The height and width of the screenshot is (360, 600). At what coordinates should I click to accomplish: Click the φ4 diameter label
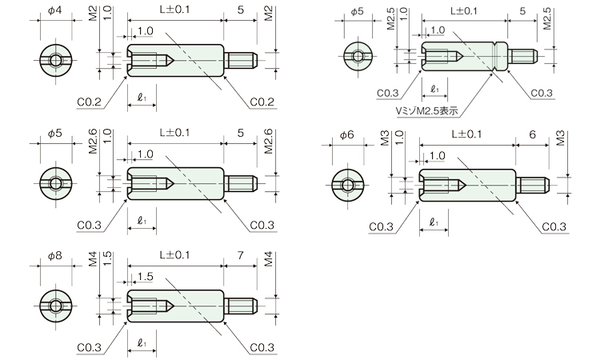pyautogui.click(x=54, y=10)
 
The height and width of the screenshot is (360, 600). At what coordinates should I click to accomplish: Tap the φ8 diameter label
pyautogui.click(x=54, y=255)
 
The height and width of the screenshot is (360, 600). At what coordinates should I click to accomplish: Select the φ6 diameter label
pyautogui.click(x=347, y=134)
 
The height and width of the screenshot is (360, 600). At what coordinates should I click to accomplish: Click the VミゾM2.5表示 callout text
pyautogui.click(x=426, y=111)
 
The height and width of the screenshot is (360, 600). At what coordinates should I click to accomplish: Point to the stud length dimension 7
pyautogui.click(x=240, y=254)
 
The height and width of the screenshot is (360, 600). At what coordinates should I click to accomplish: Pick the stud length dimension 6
pyautogui.click(x=532, y=134)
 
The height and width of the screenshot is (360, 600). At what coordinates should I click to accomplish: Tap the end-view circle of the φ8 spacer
pyautogui.click(x=56, y=306)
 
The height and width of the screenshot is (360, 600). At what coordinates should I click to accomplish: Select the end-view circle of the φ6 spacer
pyautogui.click(x=348, y=186)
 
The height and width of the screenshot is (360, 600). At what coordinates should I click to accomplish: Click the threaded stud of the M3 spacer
pyautogui.click(x=533, y=186)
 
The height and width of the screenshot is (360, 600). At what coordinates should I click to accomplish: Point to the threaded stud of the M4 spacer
pyautogui.click(x=241, y=306)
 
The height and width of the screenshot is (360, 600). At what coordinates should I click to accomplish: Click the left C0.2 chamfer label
pyautogui.click(x=89, y=102)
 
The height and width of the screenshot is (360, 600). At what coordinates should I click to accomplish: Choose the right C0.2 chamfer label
pyautogui.click(x=262, y=102)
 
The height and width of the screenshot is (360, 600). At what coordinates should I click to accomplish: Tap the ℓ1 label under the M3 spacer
pyautogui.click(x=434, y=222)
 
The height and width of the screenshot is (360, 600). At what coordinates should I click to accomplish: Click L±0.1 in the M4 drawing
pyautogui.click(x=175, y=254)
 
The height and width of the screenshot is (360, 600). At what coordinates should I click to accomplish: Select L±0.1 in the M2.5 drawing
pyautogui.click(x=464, y=10)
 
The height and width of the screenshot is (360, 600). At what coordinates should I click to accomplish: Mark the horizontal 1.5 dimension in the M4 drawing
pyautogui.click(x=145, y=276)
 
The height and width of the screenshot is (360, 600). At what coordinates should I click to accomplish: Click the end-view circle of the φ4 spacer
pyautogui.click(x=56, y=61)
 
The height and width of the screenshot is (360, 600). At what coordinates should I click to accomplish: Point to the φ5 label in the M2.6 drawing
pyautogui.click(x=54, y=133)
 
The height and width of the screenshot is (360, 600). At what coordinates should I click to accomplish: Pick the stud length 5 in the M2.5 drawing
pyautogui.click(x=522, y=10)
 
